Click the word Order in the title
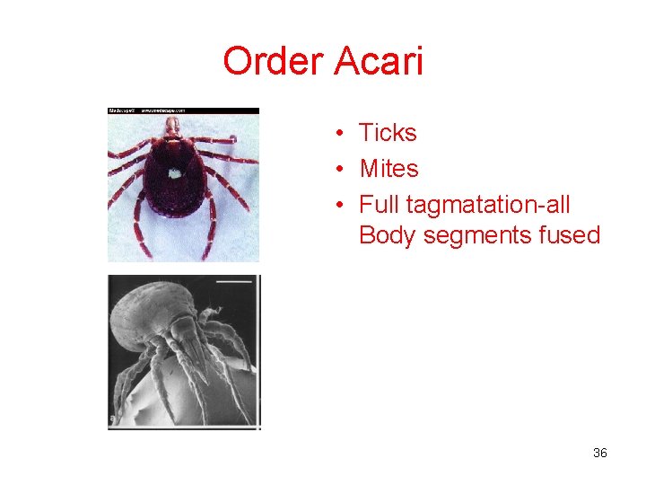pos(274,62)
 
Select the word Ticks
pos(388,133)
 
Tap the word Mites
pos(388,168)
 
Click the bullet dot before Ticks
pos(343,134)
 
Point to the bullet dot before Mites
pos(343,169)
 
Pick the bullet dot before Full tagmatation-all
pos(343,205)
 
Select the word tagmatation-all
pos(487,205)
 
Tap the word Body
pos(387,235)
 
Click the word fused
pos(569,235)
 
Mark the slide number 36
pos(600,453)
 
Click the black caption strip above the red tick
pos(183,110)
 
